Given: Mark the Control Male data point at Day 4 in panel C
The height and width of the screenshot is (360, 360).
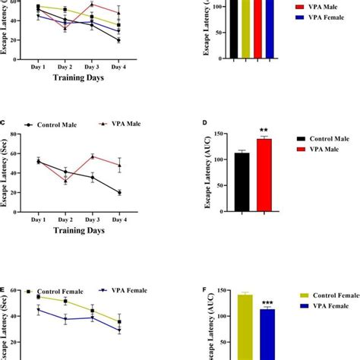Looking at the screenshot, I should tap(118, 192).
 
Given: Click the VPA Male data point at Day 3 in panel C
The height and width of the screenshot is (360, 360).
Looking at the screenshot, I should tap(92, 157).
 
